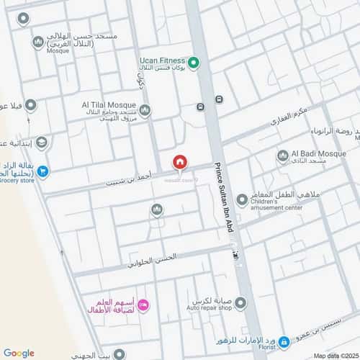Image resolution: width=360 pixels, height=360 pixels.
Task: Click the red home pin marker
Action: pyautogui.click(x=179, y=163)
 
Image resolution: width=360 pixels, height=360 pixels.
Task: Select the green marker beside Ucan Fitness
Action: pyautogui.click(x=194, y=62)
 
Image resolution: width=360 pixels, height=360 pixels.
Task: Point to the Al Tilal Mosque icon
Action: pyautogui.click(x=145, y=110)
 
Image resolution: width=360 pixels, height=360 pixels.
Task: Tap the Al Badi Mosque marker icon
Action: pyautogui.click(x=282, y=155)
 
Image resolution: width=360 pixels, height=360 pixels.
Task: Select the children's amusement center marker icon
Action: pyautogui.click(x=242, y=199)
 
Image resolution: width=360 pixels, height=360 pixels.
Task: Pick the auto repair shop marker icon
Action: pyautogui.click(x=240, y=304)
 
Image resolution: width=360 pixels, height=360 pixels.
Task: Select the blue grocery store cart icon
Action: pyautogui.click(x=42, y=171)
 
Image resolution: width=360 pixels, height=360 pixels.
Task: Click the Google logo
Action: pyautogui.click(x=19, y=352)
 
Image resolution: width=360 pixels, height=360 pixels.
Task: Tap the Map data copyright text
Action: pyautogui.click(x=335, y=355)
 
